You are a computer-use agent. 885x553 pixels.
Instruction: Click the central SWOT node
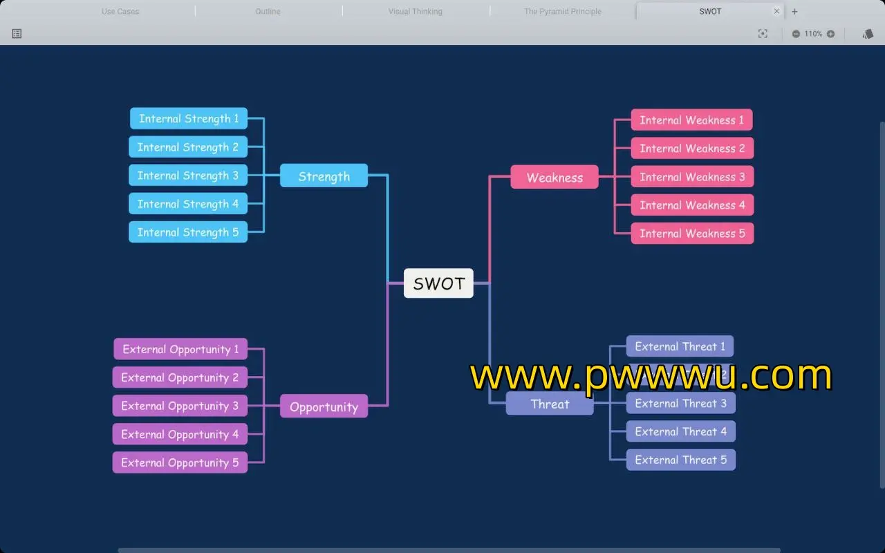[x=438, y=283]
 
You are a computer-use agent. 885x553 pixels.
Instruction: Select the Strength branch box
[x=324, y=176]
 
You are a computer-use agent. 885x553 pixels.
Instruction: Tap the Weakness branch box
[x=555, y=178]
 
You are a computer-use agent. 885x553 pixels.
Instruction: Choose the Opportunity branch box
[x=324, y=406]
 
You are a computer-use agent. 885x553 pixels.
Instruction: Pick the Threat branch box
[x=550, y=404]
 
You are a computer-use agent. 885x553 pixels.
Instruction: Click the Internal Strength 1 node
[x=188, y=119]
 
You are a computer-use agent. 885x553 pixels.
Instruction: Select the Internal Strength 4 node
[x=187, y=204]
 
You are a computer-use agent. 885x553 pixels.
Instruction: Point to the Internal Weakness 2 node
[x=692, y=149]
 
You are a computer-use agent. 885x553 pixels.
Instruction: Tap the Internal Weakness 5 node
[x=692, y=234]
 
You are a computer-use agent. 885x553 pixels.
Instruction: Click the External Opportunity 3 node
[x=180, y=406]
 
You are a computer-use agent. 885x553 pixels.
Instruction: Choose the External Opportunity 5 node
[x=180, y=462]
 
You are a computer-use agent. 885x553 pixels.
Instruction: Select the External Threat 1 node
[x=680, y=346]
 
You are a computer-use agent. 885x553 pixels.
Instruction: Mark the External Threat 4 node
[x=680, y=432]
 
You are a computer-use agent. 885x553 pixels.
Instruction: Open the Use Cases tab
[x=120, y=11]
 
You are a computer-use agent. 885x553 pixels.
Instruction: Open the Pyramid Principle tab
[x=563, y=11]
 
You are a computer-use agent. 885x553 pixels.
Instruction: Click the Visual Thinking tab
[x=415, y=11]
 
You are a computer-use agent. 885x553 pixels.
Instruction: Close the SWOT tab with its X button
[x=776, y=11]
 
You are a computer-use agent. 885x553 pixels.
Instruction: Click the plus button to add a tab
[x=794, y=11]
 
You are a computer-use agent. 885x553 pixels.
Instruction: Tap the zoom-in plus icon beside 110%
[x=830, y=34]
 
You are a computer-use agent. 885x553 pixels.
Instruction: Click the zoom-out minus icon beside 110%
[x=796, y=34]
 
